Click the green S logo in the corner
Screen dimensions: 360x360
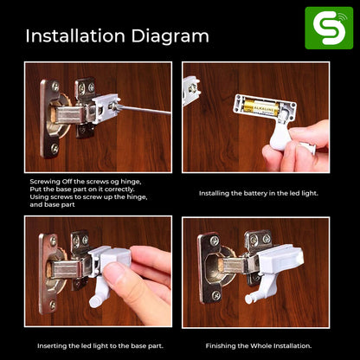(329, 28)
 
